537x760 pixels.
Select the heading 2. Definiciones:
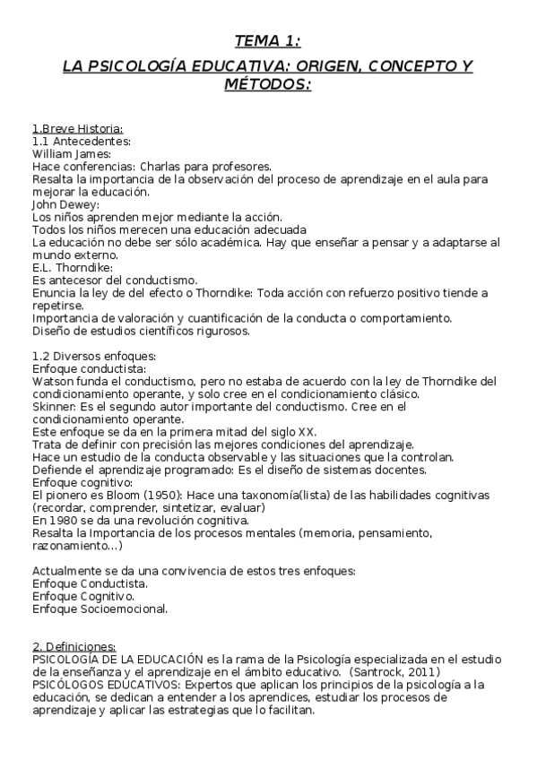point(74,647)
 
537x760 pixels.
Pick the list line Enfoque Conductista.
point(90,583)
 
